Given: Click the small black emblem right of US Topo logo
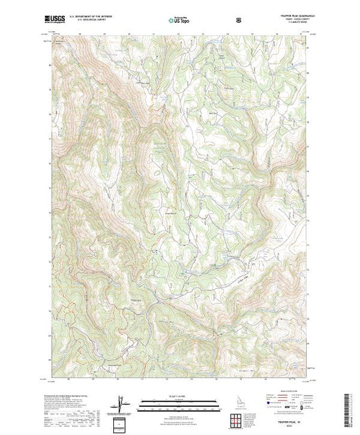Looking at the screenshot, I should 238,19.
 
